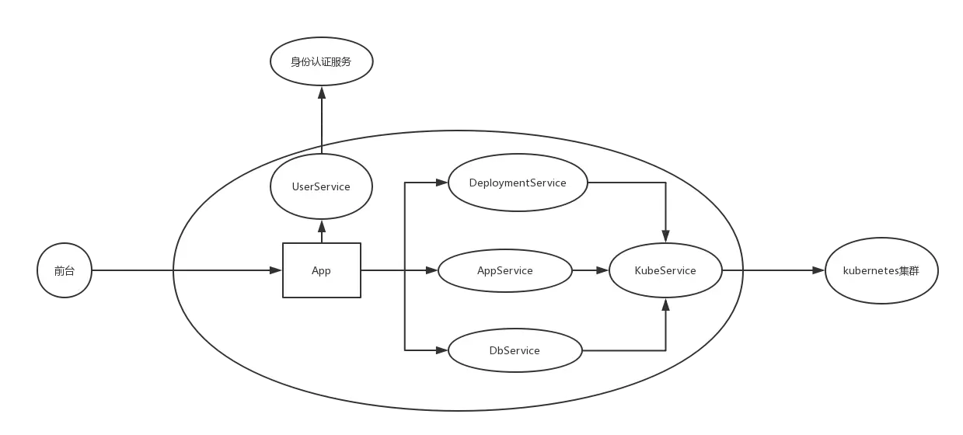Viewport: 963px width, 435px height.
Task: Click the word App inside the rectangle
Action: [x=321, y=271]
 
